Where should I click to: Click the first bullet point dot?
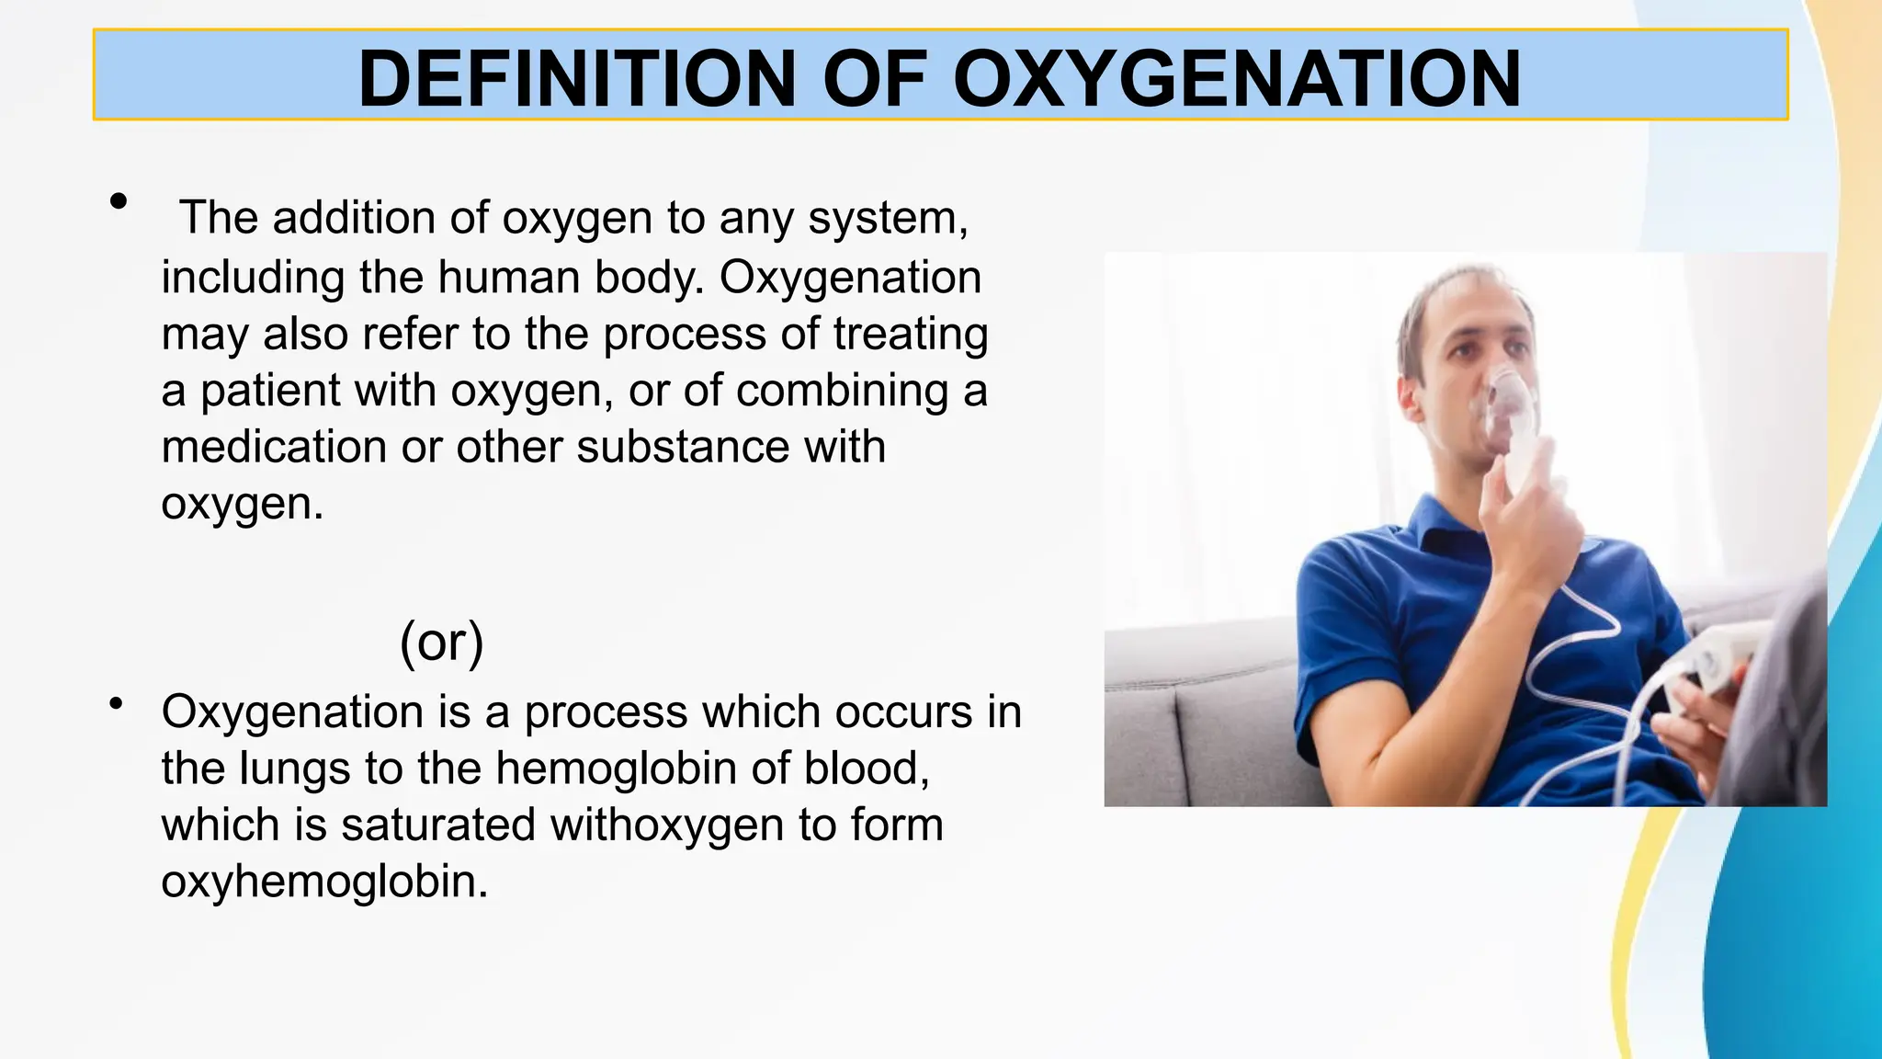[x=118, y=201]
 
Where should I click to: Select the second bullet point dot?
[x=116, y=705]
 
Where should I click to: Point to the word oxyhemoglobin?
[x=323, y=882]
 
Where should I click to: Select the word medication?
[x=274, y=448]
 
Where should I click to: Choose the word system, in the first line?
[x=888, y=219]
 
